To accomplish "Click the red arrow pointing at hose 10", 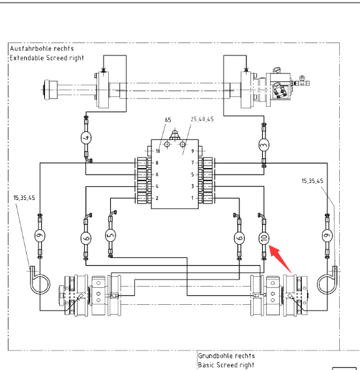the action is coord(280,259).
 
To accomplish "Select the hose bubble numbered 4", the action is coord(86,137).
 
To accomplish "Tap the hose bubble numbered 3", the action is coord(264,145).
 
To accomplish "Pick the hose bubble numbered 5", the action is coord(110,235).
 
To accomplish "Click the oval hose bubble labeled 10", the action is coord(264,238).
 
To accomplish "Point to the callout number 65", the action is coord(168,120).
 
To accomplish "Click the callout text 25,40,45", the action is coord(202,119).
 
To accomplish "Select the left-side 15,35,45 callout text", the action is coord(24,198).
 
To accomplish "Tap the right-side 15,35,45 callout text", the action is coord(312,181).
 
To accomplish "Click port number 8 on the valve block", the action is coord(157,163).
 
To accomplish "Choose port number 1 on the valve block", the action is coord(192,198).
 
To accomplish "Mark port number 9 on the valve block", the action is coord(192,151).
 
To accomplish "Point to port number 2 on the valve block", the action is coord(157,198).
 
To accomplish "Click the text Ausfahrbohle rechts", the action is coord(42,49).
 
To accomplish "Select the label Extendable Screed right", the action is coord(47,58).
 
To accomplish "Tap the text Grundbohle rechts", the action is coord(226,356).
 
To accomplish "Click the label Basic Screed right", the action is coord(226,365).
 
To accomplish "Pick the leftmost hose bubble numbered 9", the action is coord(40,236).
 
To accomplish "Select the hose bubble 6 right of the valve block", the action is coord(239,238).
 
